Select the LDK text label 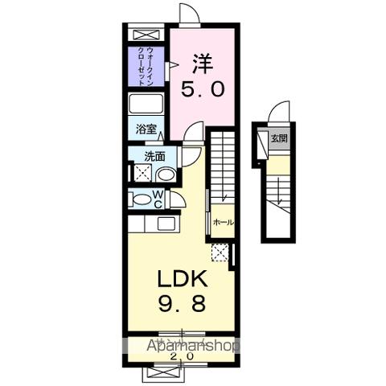click(x=182, y=280)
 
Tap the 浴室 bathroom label click(x=145, y=129)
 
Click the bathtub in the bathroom click(x=146, y=106)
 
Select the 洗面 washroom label click(x=154, y=157)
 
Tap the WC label click(x=158, y=199)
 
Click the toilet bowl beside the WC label click(x=140, y=199)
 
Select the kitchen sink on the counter click(x=167, y=224)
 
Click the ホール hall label click(x=223, y=221)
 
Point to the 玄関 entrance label click(x=278, y=136)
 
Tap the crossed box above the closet click(x=146, y=35)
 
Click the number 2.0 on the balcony click(x=182, y=356)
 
